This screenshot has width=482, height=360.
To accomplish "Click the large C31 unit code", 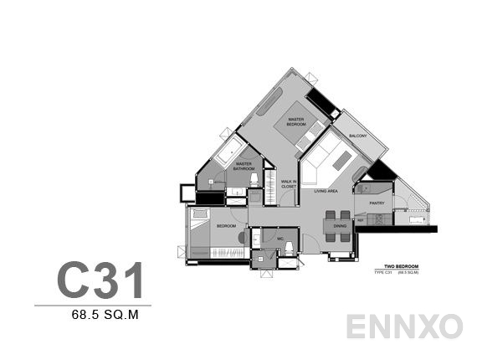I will tap(100, 280).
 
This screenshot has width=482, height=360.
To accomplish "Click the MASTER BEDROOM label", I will tap(295, 122).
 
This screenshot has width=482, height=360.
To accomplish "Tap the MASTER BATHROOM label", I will tap(244, 166).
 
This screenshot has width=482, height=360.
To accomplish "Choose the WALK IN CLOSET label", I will tap(289, 184).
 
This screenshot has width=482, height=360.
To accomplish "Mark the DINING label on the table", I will tap(340, 226).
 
